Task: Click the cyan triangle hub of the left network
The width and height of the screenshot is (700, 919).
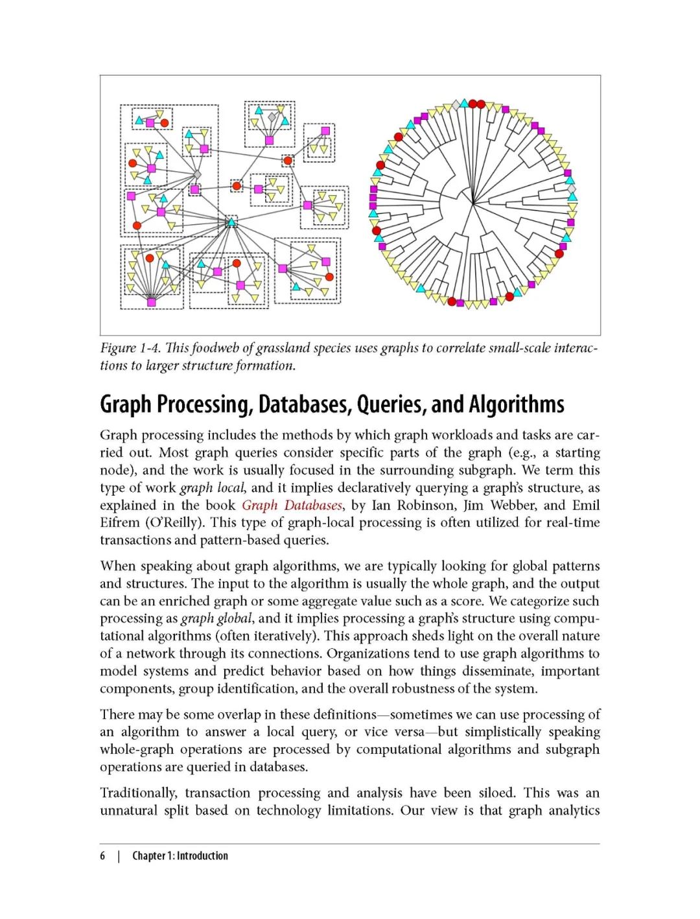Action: pyautogui.click(x=231, y=223)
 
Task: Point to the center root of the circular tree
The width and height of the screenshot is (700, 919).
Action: pyautogui.click(x=473, y=204)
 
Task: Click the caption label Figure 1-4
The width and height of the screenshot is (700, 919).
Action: pyautogui.click(x=128, y=348)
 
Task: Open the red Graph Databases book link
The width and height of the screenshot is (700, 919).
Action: pyautogui.click(x=292, y=506)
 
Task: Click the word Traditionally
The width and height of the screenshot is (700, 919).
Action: pyautogui.click(x=138, y=793)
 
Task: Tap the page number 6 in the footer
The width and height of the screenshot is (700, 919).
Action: pyautogui.click(x=102, y=855)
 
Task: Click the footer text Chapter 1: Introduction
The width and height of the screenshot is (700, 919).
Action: pyautogui.click(x=180, y=855)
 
